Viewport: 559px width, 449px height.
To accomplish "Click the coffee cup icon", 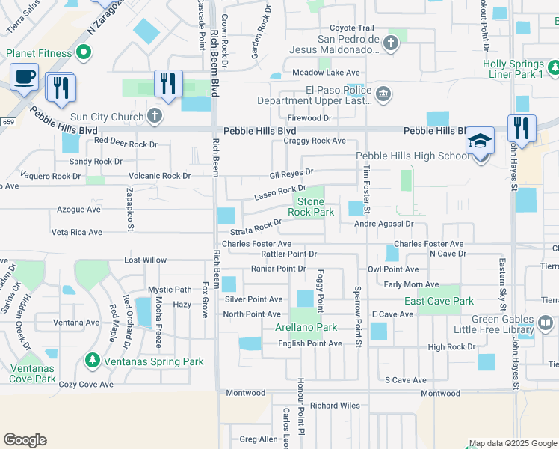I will [25, 76].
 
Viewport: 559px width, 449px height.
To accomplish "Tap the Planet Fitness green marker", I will [84, 52].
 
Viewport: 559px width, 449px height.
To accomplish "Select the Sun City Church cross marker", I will [154, 116].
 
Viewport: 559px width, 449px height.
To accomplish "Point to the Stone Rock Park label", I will [311, 207].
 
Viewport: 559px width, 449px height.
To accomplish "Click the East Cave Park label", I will [439, 301].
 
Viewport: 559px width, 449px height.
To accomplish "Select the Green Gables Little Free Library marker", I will [546, 323].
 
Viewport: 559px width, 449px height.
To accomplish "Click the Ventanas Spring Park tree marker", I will [93, 361].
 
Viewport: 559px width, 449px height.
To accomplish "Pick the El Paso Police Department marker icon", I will [383, 94].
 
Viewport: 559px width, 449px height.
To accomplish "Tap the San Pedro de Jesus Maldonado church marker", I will [390, 45].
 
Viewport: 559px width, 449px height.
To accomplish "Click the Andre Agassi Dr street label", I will [384, 224].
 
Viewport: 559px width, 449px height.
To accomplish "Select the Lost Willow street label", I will [145, 260].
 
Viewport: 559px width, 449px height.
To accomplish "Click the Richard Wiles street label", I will [335, 406].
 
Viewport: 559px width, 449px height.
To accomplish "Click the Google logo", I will [25, 440].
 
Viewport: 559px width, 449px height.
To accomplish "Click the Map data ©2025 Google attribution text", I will [512, 443].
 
